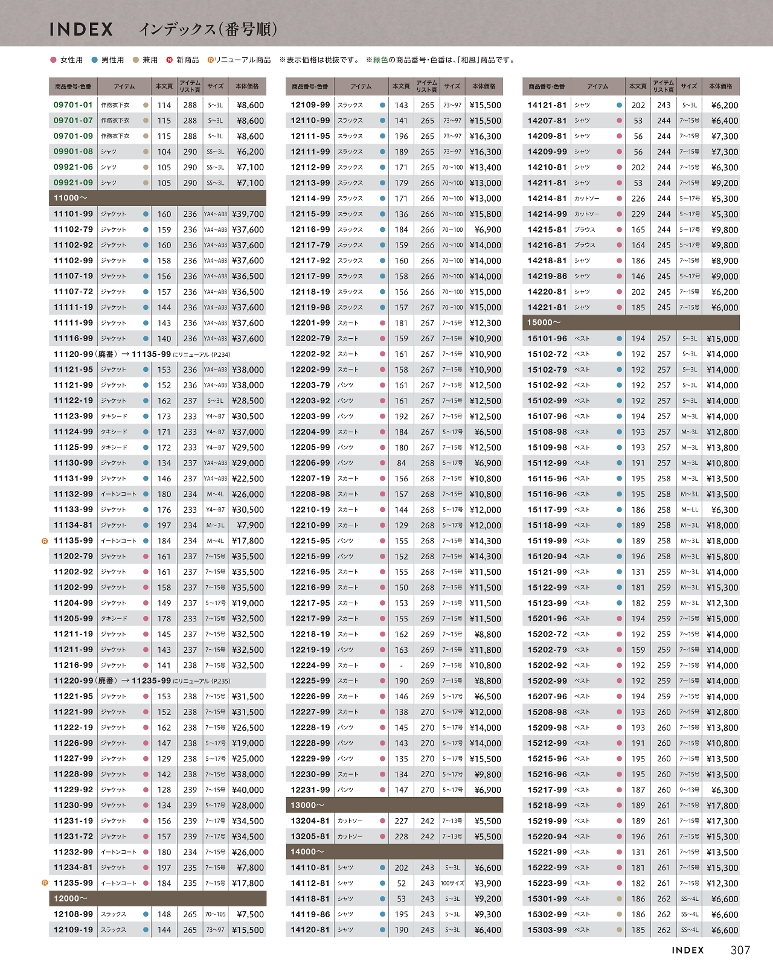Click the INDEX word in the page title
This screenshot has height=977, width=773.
point(81,29)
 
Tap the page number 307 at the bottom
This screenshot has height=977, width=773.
point(740,950)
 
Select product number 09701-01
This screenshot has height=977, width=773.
point(73,104)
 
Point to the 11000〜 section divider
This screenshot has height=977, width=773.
point(157,198)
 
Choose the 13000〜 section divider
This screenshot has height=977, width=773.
point(394,805)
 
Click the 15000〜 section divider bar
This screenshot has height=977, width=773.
point(630,322)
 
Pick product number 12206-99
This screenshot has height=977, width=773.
point(310,463)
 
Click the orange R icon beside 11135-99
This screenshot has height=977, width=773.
point(45,541)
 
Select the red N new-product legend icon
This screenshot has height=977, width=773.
point(170,60)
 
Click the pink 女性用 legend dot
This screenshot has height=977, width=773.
point(53,60)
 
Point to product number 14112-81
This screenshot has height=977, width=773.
point(310,883)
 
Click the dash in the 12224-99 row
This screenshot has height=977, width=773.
point(401,665)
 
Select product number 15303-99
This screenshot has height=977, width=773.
point(547,930)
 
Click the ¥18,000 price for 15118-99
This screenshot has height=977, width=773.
point(722,525)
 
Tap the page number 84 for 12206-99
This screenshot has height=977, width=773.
point(401,463)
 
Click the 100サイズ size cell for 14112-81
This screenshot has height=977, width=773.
point(452,883)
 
